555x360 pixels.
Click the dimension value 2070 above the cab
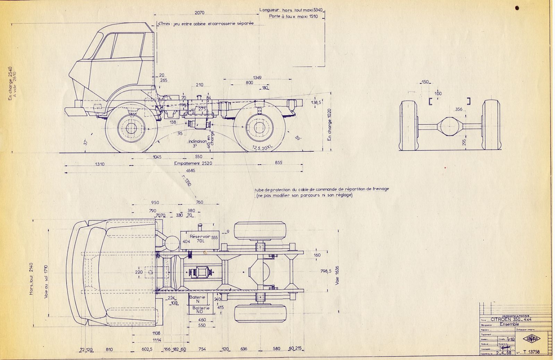click(x=199, y=13)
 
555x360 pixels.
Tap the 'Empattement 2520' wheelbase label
click(x=193, y=163)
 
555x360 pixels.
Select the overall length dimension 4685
click(x=190, y=170)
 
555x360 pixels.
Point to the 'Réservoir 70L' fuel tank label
click(x=199, y=238)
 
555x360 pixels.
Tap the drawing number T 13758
click(x=531, y=352)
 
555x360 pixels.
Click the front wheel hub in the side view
click(x=131, y=128)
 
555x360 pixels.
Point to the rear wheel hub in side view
click(x=259, y=127)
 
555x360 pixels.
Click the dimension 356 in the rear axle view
click(x=459, y=109)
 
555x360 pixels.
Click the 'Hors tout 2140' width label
click(x=32, y=279)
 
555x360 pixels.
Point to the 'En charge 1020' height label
click(x=330, y=125)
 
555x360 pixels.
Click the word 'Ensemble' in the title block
click(x=509, y=324)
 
